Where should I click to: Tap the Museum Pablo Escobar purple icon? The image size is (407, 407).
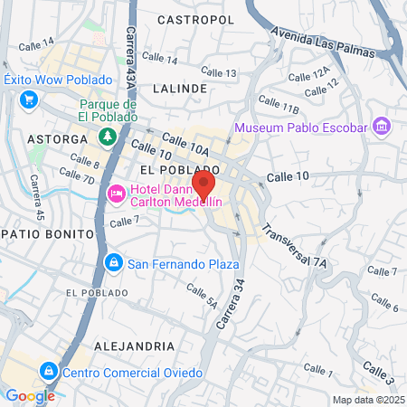click(381, 127)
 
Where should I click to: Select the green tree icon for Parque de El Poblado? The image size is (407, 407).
click(108, 137)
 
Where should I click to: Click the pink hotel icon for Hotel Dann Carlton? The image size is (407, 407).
click(117, 194)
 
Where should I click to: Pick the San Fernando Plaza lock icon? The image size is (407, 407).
click(113, 264)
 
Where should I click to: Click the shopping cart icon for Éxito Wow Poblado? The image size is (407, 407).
click(30, 99)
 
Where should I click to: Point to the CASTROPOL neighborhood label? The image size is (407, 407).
click(195, 19)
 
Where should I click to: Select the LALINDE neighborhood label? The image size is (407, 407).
click(180, 89)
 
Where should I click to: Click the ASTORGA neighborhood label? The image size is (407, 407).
click(57, 140)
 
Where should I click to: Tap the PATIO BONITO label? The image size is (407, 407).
click(47, 233)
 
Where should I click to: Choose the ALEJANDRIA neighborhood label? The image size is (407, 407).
click(134, 345)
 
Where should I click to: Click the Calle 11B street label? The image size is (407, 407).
click(278, 108)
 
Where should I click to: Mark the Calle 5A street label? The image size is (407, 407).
click(202, 296)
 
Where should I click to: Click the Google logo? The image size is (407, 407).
click(30, 395)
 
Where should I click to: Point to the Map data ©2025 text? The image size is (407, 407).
click(367, 400)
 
